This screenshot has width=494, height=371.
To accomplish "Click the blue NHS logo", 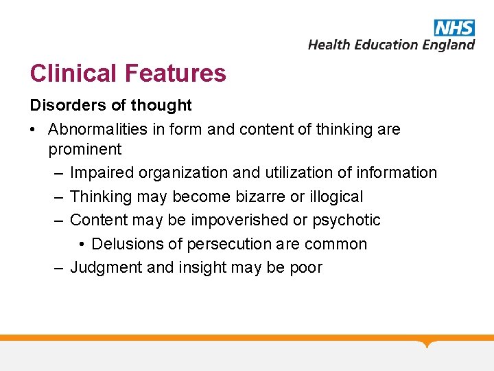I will click(454, 27).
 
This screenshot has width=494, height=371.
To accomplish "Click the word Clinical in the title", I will click(73, 73).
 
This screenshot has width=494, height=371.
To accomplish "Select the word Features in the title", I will click(175, 73).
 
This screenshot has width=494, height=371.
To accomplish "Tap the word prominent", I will click(84, 149).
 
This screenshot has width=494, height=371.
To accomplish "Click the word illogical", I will click(336, 196).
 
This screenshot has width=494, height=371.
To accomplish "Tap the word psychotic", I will click(346, 220).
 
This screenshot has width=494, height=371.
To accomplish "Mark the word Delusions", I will click(125, 244).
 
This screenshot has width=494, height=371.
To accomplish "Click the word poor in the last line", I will click(306, 267).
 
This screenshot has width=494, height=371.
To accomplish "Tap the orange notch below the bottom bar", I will click(427, 343).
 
